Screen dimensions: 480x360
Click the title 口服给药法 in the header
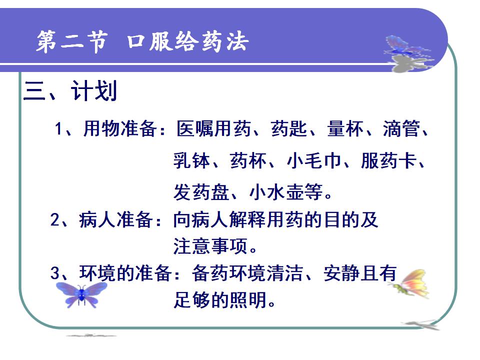coord(187,41)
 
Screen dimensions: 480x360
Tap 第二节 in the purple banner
coord(72,41)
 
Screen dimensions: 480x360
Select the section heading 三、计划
coord(70,91)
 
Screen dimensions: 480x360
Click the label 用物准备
coord(120,128)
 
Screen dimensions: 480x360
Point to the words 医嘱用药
coord(213,128)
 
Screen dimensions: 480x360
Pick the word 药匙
coord(289,128)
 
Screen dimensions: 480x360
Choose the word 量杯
coord(345,128)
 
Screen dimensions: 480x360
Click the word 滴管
coord(401,128)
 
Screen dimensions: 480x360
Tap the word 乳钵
coord(192,160)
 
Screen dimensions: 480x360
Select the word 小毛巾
coord(314,160)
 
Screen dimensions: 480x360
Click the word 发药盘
coord(201,192)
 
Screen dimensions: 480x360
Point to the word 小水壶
coord(276,192)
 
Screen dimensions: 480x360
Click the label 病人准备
coord(116,219)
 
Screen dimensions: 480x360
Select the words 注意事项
coord(210,246)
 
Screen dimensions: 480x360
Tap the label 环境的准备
coord(125,273)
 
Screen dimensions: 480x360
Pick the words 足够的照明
coord(220,299)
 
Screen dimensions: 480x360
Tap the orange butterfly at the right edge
coord(409,283)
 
